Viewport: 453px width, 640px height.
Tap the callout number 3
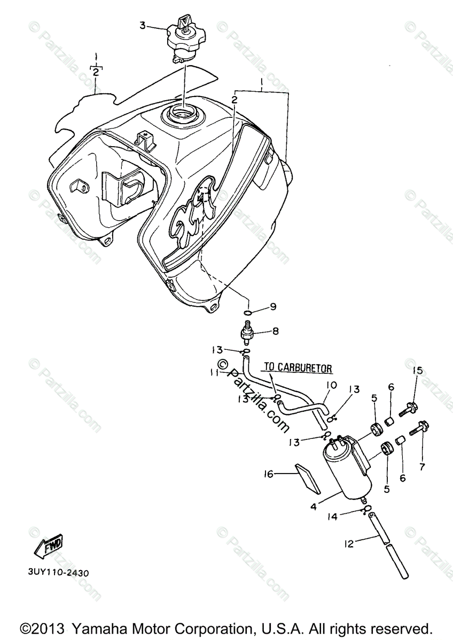click(x=142, y=25)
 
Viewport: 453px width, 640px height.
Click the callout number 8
click(x=275, y=331)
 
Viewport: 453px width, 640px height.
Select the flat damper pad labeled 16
click(x=308, y=478)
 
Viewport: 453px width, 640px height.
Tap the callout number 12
click(x=349, y=544)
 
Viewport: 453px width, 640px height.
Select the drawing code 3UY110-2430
click(x=58, y=573)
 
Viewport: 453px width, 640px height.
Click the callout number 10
click(x=331, y=385)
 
